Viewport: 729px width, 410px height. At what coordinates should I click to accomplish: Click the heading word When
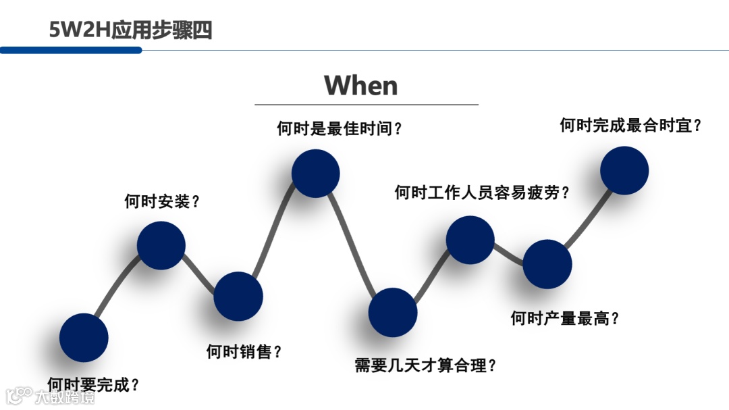click(x=361, y=86)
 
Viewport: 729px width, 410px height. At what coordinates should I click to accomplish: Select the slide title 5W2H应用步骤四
click(x=130, y=30)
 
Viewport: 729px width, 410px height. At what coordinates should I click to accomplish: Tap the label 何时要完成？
click(x=94, y=385)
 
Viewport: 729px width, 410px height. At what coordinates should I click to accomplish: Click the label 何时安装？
click(x=162, y=201)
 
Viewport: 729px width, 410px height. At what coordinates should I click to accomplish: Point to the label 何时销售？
click(x=244, y=351)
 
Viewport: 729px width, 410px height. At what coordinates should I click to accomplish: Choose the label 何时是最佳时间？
click(x=340, y=128)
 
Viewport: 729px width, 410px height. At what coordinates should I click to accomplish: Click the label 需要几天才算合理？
click(x=426, y=366)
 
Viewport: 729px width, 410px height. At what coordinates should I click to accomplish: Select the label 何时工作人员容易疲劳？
click(x=482, y=193)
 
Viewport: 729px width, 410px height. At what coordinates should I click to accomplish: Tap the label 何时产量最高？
click(x=564, y=318)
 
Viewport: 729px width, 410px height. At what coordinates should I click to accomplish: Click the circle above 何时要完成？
click(x=84, y=337)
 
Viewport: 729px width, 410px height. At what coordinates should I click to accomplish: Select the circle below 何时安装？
click(x=161, y=245)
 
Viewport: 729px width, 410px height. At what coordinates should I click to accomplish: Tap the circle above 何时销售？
click(x=238, y=296)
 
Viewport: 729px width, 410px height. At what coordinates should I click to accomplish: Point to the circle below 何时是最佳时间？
click(x=315, y=174)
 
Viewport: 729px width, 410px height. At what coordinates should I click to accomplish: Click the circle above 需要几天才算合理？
click(x=393, y=312)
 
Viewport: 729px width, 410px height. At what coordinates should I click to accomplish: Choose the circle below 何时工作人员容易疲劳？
click(x=470, y=240)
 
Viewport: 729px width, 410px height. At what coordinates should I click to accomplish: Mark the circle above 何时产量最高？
click(x=547, y=264)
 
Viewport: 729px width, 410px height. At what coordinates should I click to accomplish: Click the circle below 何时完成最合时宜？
click(x=624, y=170)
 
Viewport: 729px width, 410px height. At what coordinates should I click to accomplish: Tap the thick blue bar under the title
click(x=71, y=50)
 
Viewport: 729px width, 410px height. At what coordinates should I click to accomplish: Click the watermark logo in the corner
click(x=51, y=395)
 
